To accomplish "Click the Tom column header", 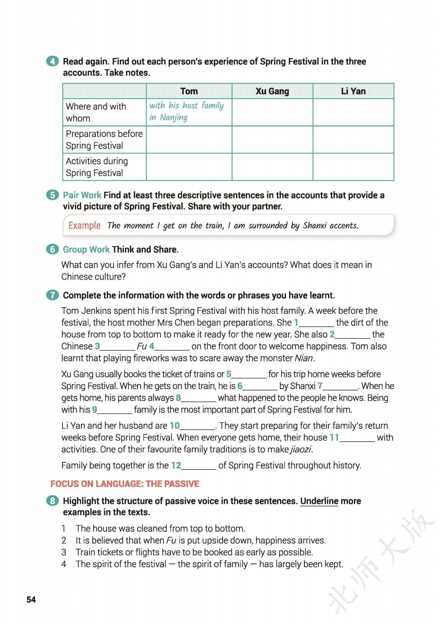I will [x=189, y=91].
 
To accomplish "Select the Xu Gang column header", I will [x=272, y=91].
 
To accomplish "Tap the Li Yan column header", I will [x=353, y=91].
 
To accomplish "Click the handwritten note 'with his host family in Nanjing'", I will [x=187, y=111].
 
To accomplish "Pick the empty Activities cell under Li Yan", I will [x=353, y=167].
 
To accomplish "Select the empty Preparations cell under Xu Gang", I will [x=272, y=139].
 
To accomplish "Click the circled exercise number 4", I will [x=53, y=61].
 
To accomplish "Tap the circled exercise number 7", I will [x=53, y=295].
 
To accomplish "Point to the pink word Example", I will [x=84, y=225].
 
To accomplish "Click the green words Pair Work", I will [x=82, y=195].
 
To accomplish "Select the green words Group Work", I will [x=86, y=249].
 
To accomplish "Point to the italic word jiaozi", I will [x=301, y=449].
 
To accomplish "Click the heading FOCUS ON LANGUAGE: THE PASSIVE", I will [x=125, y=484].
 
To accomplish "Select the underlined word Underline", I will [x=319, y=501].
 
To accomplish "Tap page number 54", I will [x=31, y=600].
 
